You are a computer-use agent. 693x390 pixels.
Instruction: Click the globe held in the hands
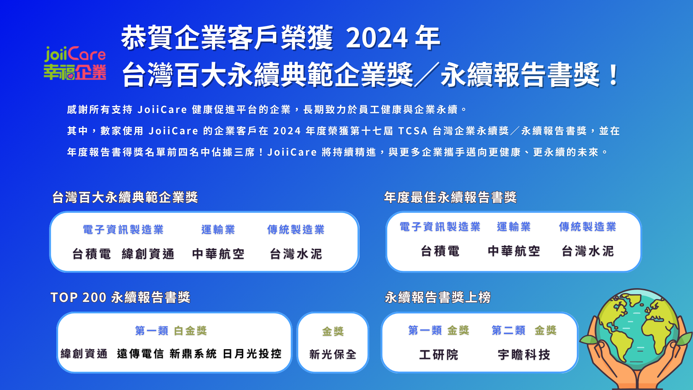tap(637, 330)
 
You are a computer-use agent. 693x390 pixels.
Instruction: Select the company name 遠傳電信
tap(140, 354)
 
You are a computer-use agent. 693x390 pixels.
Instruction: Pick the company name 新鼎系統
tap(193, 354)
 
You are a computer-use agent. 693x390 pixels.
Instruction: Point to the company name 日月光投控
tap(252, 354)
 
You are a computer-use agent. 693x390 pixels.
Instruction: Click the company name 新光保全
tap(333, 354)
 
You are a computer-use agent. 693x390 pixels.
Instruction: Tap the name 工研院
tap(439, 355)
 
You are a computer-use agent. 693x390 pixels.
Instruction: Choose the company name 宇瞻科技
tap(524, 355)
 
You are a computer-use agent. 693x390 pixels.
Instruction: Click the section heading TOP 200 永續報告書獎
tap(121, 297)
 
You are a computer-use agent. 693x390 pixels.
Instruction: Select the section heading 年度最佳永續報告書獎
tap(450, 197)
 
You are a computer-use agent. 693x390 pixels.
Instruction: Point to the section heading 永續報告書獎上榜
tap(438, 297)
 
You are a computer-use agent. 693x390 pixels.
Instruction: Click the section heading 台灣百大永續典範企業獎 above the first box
tap(125, 197)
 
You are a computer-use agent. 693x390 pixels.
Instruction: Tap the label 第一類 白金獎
tap(171, 330)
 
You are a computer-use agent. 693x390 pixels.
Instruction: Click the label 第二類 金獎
tap(524, 330)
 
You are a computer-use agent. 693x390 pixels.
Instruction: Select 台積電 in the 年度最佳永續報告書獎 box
tap(440, 251)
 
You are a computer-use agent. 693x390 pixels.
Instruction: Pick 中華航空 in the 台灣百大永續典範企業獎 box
tap(218, 254)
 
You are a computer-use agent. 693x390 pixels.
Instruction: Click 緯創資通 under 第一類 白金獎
tap(84, 354)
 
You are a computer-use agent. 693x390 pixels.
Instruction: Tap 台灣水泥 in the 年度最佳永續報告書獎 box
tap(588, 251)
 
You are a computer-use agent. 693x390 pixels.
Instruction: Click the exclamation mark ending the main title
tap(613, 74)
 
